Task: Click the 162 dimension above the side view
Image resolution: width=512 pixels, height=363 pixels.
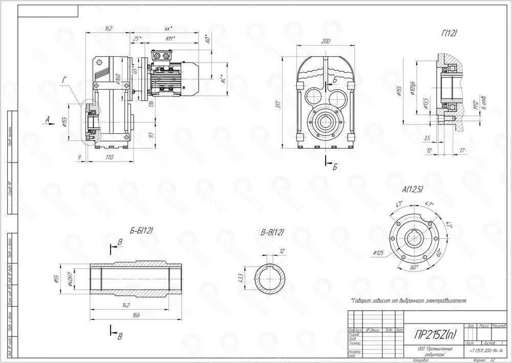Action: point(108,28)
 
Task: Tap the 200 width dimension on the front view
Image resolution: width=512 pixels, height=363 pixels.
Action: point(326,42)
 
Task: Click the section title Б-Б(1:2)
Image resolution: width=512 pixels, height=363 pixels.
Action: point(139,232)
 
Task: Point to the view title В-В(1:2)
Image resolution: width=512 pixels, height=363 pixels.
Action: point(272,232)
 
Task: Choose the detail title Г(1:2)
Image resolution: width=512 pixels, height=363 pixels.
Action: point(449,33)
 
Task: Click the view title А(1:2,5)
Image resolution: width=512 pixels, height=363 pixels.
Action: point(413,189)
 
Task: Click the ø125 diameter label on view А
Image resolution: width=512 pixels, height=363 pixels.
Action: point(379,252)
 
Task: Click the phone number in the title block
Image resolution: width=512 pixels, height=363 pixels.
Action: point(486,350)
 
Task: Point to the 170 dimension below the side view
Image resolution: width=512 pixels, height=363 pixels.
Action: point(110,157)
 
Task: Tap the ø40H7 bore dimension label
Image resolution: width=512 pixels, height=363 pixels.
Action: point(84,279)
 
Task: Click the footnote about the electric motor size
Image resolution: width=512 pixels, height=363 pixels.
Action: point(409,300)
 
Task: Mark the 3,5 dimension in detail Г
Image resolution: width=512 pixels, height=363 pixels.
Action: point(427,138)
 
